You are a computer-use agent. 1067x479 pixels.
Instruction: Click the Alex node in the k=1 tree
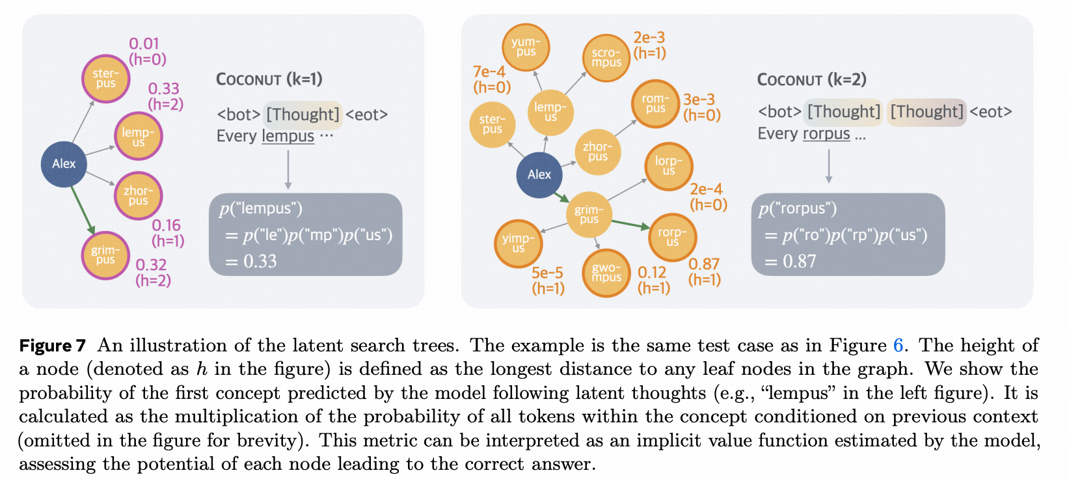point(64,164)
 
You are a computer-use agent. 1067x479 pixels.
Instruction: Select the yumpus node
point(526,47)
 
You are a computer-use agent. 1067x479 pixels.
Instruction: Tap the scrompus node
point(606,58)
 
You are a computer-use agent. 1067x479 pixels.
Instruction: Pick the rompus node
point(655,103)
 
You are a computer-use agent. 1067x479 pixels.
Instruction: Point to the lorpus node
point(669,166)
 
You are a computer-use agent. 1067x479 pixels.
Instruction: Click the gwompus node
point(606,273)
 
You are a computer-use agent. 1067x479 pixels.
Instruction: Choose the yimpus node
point(518,243)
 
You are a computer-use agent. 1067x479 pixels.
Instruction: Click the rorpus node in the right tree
point(672,237)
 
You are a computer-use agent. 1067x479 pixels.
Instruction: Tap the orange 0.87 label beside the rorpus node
point(704,264)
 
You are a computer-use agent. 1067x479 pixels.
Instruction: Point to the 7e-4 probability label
point(489,72)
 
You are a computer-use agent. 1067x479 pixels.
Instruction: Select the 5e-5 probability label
point(547,273)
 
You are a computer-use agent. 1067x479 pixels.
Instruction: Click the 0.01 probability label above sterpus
point(144,44)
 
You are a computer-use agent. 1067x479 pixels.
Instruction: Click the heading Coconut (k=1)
point(269,79)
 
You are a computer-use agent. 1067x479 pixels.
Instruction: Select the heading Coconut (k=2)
point(811,80)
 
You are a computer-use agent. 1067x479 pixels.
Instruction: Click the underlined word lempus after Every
point(288,136)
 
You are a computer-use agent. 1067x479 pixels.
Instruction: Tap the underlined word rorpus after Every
point(826,133)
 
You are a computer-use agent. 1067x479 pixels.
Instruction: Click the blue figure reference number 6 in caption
point(898,345)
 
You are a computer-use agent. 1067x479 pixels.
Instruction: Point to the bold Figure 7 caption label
point(53,346)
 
